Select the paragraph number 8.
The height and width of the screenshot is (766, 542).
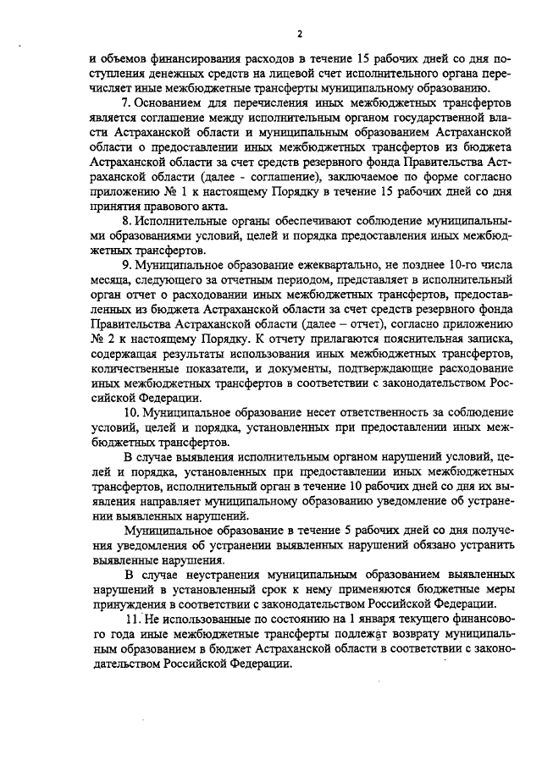(x=127, y=220)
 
